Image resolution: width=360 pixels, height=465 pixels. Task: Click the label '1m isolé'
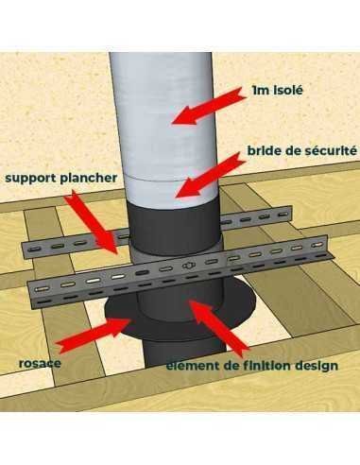coord(278,91)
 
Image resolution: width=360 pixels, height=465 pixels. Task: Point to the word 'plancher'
coord(89,178)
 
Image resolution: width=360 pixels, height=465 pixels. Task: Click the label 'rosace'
coord(40,363)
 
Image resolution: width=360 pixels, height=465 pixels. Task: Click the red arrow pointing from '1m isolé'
coord(209,106)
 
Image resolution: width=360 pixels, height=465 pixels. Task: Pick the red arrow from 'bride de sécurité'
coord(211,175)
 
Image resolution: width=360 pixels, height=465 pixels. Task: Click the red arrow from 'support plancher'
coord(92,222)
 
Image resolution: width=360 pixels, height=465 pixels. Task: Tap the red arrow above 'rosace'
coord(94,335)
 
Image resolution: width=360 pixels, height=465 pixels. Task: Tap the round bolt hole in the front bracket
coord(187,267)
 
